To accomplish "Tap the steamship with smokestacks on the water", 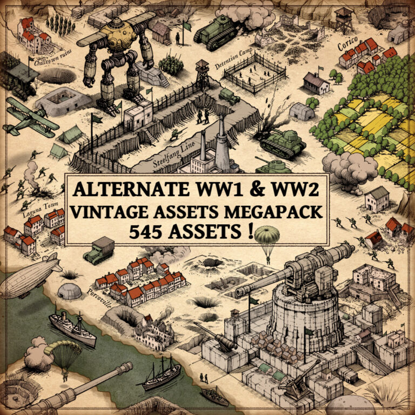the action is (x=72, y=329).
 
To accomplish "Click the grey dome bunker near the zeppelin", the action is (x=69, y=292).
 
